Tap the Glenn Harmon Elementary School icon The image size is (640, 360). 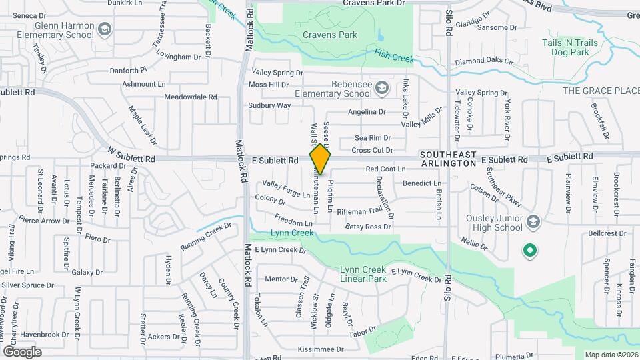(x=105, y=29)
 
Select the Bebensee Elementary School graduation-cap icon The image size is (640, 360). (x=382, y=88)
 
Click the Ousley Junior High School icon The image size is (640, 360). (x=533, y=221)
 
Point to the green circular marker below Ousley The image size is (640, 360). (x=529, y=251)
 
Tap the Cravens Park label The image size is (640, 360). (x=330, y=35)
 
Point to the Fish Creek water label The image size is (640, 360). (x=394, y=55)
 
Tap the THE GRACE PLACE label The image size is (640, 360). (x=600, y=91)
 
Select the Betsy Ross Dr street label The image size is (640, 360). (x=368, y=227)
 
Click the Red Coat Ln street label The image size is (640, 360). (x=385, y=169)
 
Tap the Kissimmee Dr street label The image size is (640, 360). (x=321, y=349)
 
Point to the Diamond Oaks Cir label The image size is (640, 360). (x=484, y=62)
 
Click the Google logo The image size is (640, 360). (x=22, y=351)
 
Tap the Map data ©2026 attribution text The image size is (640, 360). (x=611, y=355)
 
